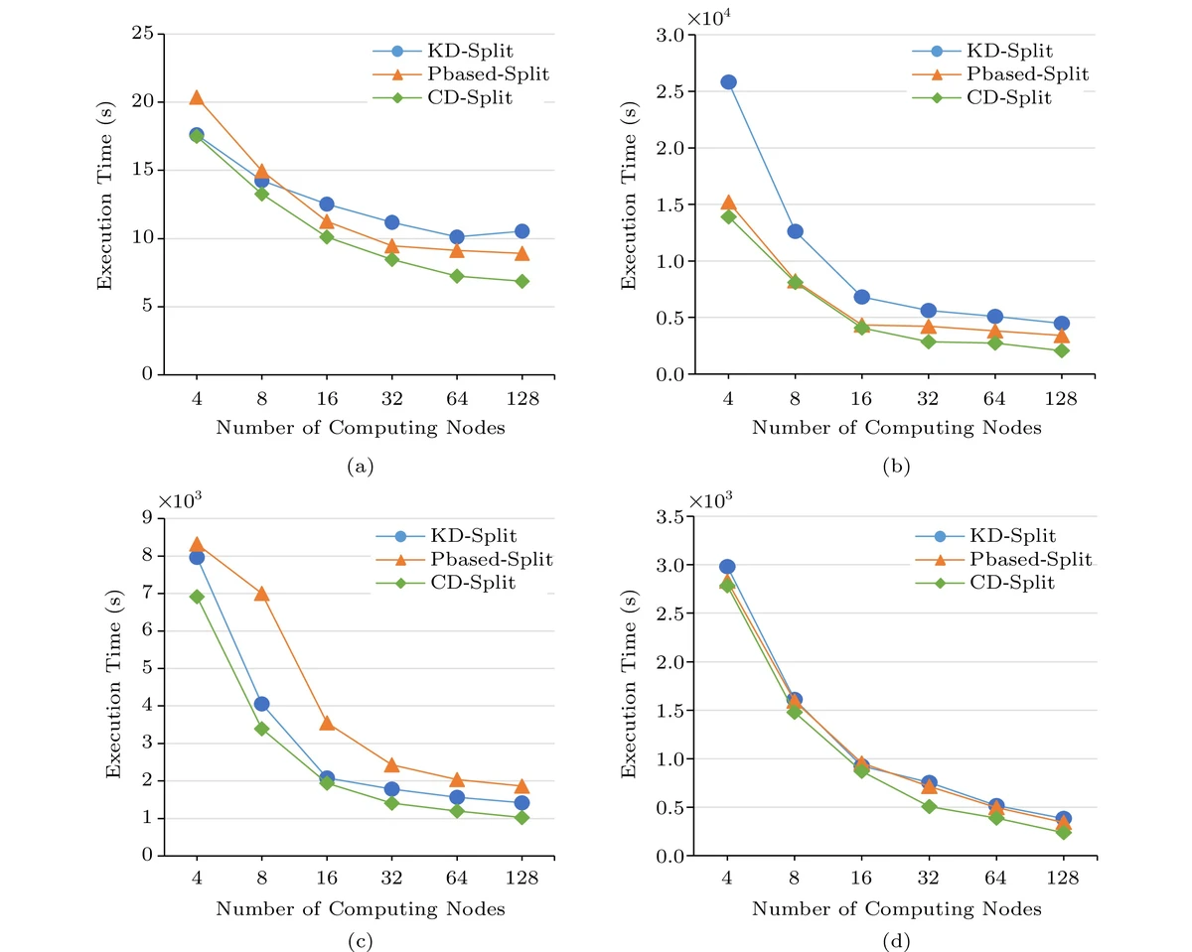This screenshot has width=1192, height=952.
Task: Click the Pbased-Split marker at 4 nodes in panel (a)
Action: (x=197, y=97)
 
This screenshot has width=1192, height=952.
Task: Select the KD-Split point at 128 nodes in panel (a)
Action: (x=521, y=231)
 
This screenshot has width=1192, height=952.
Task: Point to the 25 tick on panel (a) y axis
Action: (x=145, y=34)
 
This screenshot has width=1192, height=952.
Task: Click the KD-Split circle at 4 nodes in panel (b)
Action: (x=728, y=81)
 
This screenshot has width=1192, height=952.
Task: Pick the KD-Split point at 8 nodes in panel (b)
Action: (x=795, y=231)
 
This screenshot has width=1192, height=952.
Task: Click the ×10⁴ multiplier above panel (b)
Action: (x=706, y=17)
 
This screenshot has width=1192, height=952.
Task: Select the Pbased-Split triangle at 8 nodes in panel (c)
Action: (x=262, y=594)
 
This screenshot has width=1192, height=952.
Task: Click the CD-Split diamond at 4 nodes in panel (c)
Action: (x=197, y=597)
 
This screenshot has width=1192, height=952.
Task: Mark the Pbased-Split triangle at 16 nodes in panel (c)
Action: (x=327, y=723)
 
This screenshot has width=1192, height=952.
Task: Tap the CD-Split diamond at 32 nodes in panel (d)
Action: (x=929, y=806)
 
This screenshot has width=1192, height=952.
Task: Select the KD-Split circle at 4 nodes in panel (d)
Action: (x=728, y=567)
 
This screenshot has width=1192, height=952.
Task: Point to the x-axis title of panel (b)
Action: (x=896, y=428)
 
